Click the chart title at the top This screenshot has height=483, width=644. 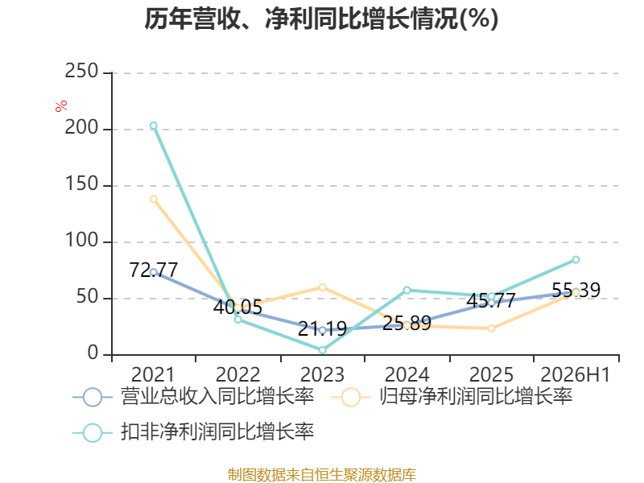pyautogui.click(x=321, y=19)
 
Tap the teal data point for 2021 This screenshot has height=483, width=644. pyautogui.click(x=153, y=126)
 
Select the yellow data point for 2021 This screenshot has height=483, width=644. pyautogui.click(x=153, y=199)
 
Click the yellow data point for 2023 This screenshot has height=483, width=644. pyautogui.click(x=323, y=287)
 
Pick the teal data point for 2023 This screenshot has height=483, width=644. pyautogui.click(x=323, y=350)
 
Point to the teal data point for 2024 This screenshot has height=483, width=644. pyautogui.click(x=407, y=291)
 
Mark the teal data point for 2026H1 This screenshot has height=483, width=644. pyautogui.click(x=576, y=259)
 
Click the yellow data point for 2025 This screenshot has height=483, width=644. pyautogui.click(x=491, y=328)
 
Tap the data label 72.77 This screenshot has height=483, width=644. pyautogui.click(x=153, y=270)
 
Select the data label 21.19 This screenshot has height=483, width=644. pyautogui.click(x=323, y=328)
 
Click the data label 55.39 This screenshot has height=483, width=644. pyautogui.click(x=576, y=290)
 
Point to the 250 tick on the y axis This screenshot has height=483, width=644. pyautogui.click(x=81, y=71)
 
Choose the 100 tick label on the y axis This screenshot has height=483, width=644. pyautogui.click(x=81, y=240)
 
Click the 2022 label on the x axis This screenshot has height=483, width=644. pyautogui.click(x=237, y=374)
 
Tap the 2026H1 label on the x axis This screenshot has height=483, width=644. pyautogui.click(x=575, y=374)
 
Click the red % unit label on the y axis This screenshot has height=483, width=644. pyautogui.click(x=61, y=106)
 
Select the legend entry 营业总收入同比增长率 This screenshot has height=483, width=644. pyautogui.click(x=193, y=397)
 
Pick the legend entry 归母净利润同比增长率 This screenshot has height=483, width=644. pyautogui.click(x=452, y=397)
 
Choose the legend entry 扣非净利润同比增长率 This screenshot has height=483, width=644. pyautogui.click(x=193, y=432)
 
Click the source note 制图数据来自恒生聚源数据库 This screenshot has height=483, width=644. pyautogui.click(x=321, y=475)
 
